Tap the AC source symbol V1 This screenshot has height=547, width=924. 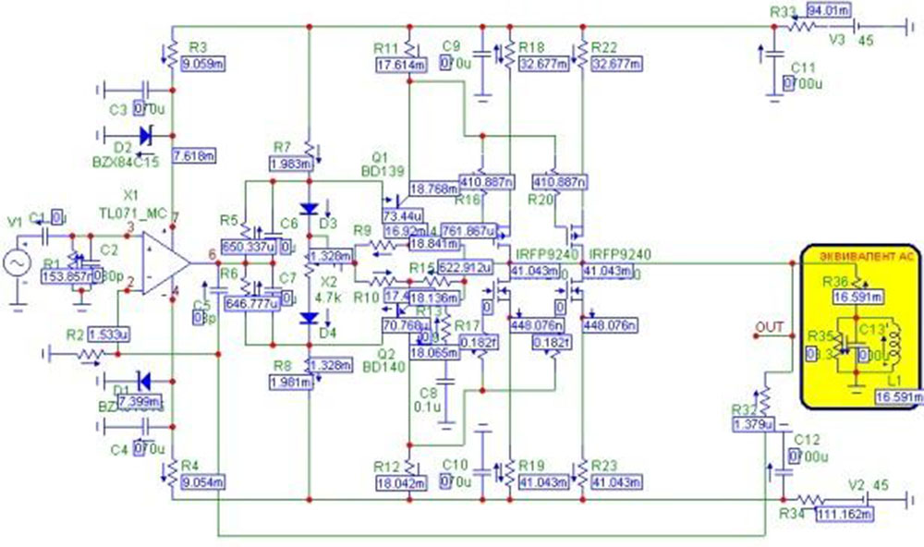(x=16, y=264)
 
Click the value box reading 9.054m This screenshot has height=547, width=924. (x=202, y=481)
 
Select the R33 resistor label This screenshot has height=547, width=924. (x=782, y=12)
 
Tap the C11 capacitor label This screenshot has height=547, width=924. (x=803, y=67)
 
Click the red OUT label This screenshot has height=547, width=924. (x=769, y=326)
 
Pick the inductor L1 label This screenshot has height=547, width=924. (x=891, y=381)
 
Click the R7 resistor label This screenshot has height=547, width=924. (x=283, y=147)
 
